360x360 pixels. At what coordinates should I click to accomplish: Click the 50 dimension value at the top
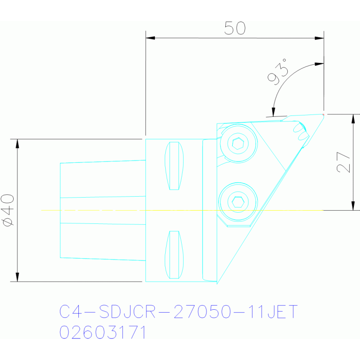coord(235,28)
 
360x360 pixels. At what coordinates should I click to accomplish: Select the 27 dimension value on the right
coord(343,162)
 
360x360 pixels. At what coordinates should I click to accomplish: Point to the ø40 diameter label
coord(8,210)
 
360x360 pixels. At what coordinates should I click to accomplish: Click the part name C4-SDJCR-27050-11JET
coord(178,312)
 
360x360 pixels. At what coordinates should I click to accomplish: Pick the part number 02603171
coord(102,332)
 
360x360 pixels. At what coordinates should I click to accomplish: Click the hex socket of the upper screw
coord(238,144)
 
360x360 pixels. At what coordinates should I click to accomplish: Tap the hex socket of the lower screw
coord(238,202)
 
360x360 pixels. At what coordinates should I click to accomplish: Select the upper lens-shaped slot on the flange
coord(174,166)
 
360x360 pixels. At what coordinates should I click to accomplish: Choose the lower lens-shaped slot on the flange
coord(174,255)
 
